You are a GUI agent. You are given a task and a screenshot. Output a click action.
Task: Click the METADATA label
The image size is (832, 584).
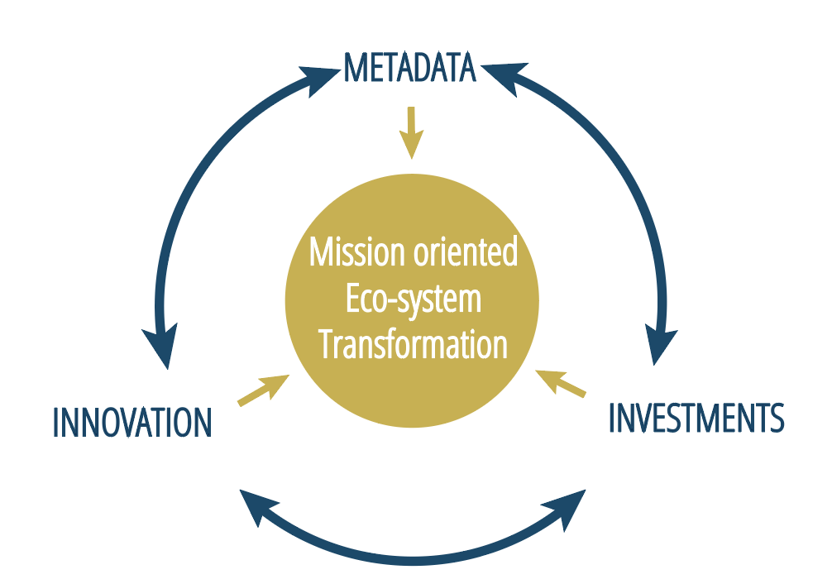pyautogui.click(x=410, y=68)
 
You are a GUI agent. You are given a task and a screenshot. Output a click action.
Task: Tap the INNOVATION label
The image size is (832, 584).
pyautogui.click(x=132, y=423)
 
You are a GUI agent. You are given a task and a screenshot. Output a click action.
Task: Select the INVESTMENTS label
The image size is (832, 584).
pyautogui.click(x=696, y=417)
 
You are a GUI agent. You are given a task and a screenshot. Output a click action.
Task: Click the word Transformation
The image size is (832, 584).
pyautogui.click(x=414, y=344)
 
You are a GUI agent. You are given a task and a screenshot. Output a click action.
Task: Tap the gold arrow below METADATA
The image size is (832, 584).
pyautogui.click(x=411, y=132)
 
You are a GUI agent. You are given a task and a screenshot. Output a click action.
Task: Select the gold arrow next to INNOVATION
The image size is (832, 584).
pyautogui.click(x=264, y=390)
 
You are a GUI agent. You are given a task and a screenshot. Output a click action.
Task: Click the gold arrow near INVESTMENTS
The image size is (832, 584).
pyautogui.click(x=561, y=383)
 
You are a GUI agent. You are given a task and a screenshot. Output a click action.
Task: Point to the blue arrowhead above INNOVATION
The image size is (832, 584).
pyautogui.click(x=161, y=346)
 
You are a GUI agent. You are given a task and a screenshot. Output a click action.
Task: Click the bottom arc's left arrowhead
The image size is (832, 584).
pyautogui.click(x=256, y=505)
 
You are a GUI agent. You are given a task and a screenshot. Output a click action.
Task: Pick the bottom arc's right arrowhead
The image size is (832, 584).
pyautogui.click(x=569, y=508)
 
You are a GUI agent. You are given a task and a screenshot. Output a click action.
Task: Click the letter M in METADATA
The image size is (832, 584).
pyautogui.click(x=356, y=68)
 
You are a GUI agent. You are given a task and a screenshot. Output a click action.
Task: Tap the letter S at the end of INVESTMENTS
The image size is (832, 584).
pyautogui.click(x=776, y=417)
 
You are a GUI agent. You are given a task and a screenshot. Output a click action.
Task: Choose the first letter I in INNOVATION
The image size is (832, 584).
pyautogui.click(x=56, y=423)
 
